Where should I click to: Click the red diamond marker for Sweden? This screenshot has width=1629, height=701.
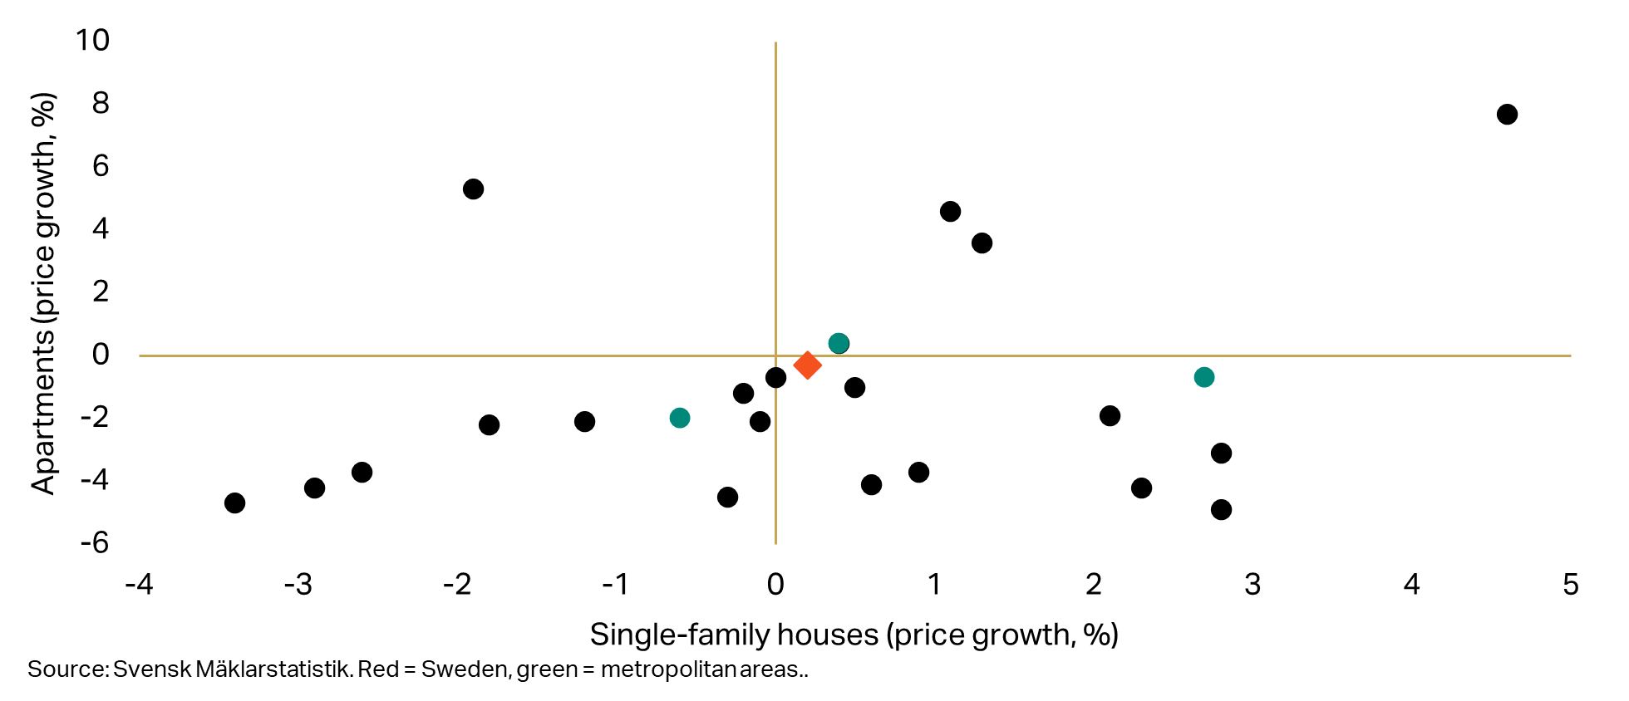tap(807, 365)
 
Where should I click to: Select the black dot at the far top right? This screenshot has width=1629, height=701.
tap(1507, 115)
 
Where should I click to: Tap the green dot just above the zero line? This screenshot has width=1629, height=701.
tap(839, 343)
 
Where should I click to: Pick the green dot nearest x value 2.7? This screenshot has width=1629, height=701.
tap(1203, 377)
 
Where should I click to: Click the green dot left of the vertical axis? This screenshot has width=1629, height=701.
tap(679, 418)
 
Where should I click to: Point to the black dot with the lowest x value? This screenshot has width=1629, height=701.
tap(234, 502)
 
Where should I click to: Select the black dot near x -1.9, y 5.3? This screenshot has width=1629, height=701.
tap(473, 189)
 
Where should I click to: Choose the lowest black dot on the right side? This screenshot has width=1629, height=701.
tap(1221, 509)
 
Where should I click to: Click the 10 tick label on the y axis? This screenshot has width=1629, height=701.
tap(92, 41)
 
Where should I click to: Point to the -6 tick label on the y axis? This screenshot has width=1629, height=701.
tap(95, 543)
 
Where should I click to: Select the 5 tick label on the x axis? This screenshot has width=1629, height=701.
tap(1570, 585)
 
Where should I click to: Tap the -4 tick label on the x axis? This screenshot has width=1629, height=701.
tap(139, 585)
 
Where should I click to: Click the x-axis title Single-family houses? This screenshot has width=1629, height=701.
tap(734, 635)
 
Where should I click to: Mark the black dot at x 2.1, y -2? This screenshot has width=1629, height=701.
tap(1110, 415)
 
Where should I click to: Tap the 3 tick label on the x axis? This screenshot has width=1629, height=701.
tap(1253, 585)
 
